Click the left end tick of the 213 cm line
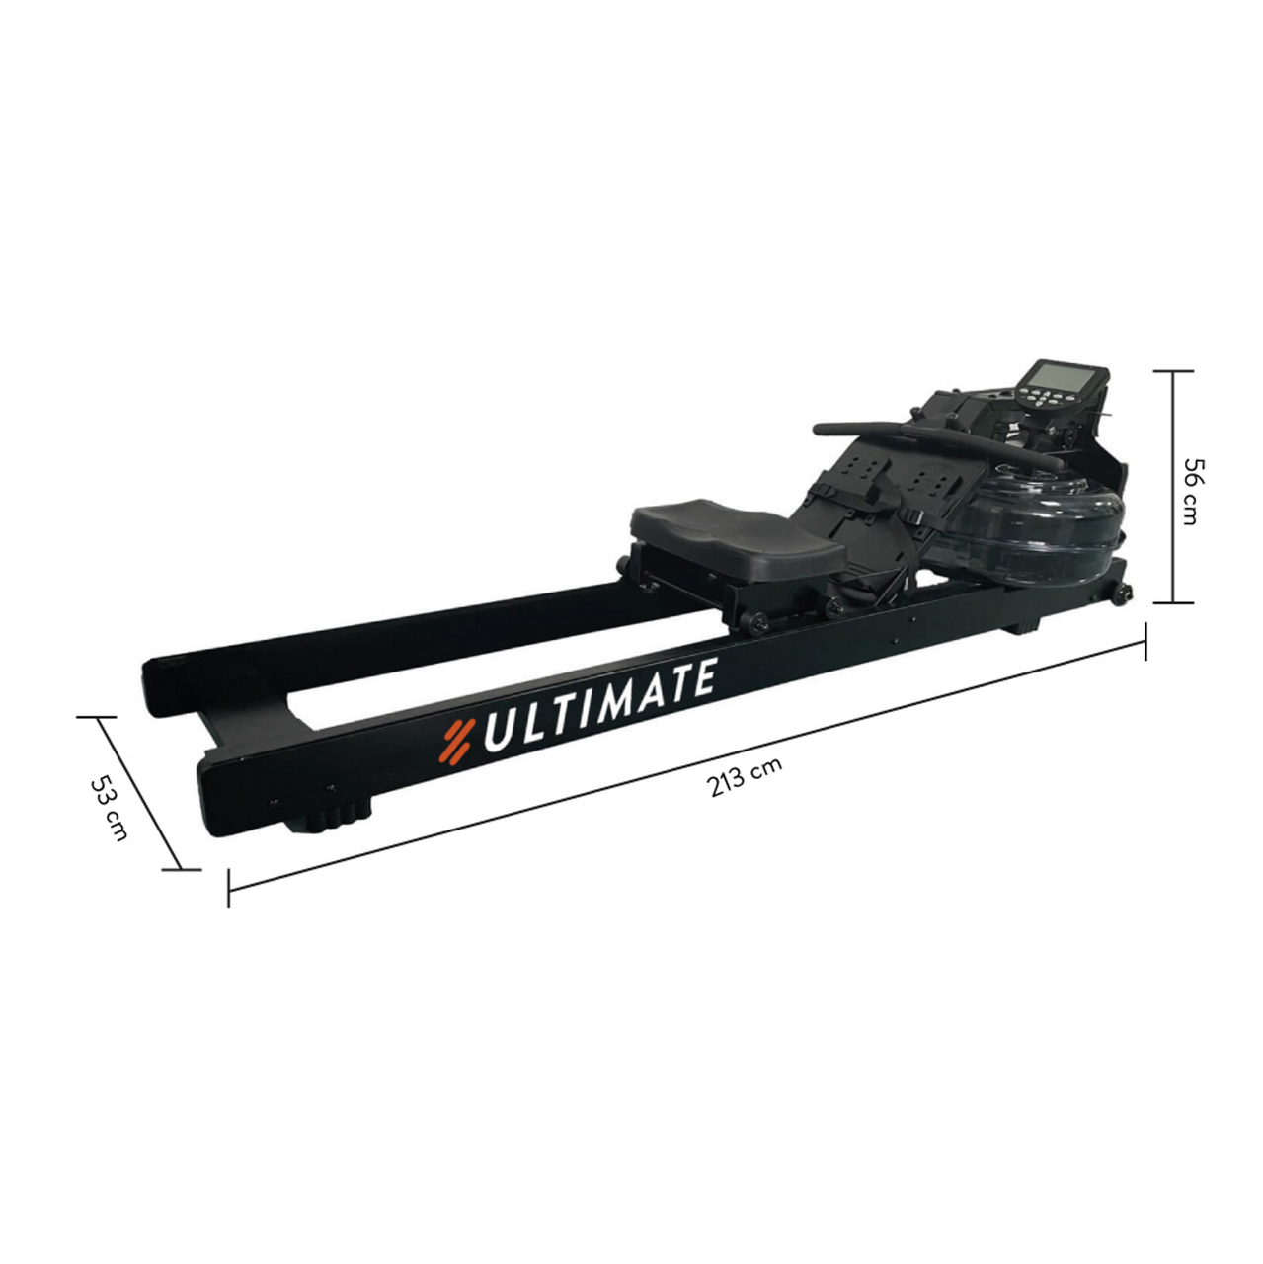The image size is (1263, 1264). [x=229, y=887]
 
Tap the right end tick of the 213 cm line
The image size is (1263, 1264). [x=1145, y=640]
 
